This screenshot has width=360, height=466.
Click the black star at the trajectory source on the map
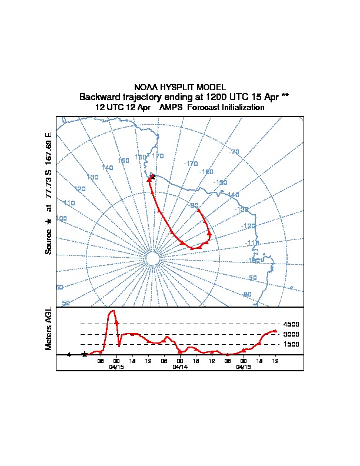pos(152,177)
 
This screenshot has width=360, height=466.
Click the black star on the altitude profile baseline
pos(85,354)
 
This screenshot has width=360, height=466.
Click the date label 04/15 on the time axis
pos(116,367)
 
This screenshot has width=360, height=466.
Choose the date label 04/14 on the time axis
pos(180,367)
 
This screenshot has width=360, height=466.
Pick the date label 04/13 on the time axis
pos(244,367)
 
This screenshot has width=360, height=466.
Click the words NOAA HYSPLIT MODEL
pos(180,86)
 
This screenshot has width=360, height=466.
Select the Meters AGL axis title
pos(49,328)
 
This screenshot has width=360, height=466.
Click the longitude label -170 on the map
pos(191,163)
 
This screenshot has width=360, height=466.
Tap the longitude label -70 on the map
pos(234,152)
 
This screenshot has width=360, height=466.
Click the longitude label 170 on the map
pos(158,156)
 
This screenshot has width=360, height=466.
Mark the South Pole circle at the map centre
pos(152,259)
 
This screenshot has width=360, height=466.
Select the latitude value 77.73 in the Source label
pos(49,187)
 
